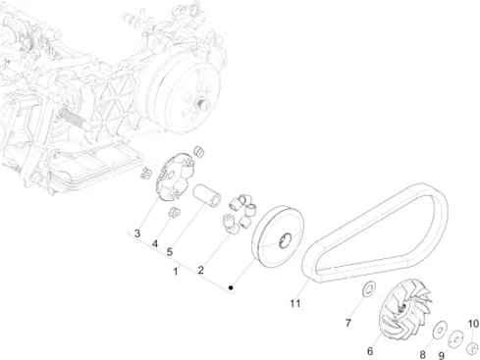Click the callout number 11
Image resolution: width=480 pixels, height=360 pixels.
(295, 303)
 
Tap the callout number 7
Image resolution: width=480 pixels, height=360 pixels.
(348, 323)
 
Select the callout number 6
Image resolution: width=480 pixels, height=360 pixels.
(370, 351)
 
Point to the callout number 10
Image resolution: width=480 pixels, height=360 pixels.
(473, 324)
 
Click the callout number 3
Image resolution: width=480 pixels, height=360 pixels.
(137, 233)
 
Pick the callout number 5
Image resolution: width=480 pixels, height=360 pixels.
(170, 252)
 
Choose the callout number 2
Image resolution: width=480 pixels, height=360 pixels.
(200, 270)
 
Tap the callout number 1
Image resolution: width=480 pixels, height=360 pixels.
(176, 272)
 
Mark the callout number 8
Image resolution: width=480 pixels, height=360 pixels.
(422, 354)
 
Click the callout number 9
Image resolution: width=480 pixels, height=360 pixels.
(442, 355)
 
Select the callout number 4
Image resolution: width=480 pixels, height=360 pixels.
(155, 244)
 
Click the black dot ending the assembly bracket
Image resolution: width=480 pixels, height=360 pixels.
(231, 287)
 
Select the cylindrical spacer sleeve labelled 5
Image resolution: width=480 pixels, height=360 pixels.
(206, 196)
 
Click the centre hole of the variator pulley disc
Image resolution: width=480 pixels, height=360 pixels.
(285, 240)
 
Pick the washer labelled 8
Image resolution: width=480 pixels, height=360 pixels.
(440, 329)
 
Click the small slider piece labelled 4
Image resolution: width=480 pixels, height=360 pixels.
(174, 212)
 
